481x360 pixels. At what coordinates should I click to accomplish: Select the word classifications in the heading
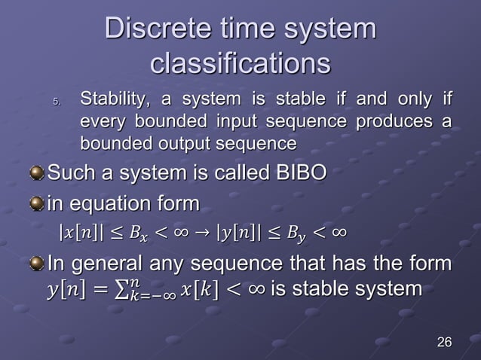point(240,63)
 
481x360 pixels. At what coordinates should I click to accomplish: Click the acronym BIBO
point(296,175)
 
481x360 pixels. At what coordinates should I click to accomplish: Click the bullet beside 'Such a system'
point(36,175)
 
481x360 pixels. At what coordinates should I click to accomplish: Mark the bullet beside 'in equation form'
point(36,204)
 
